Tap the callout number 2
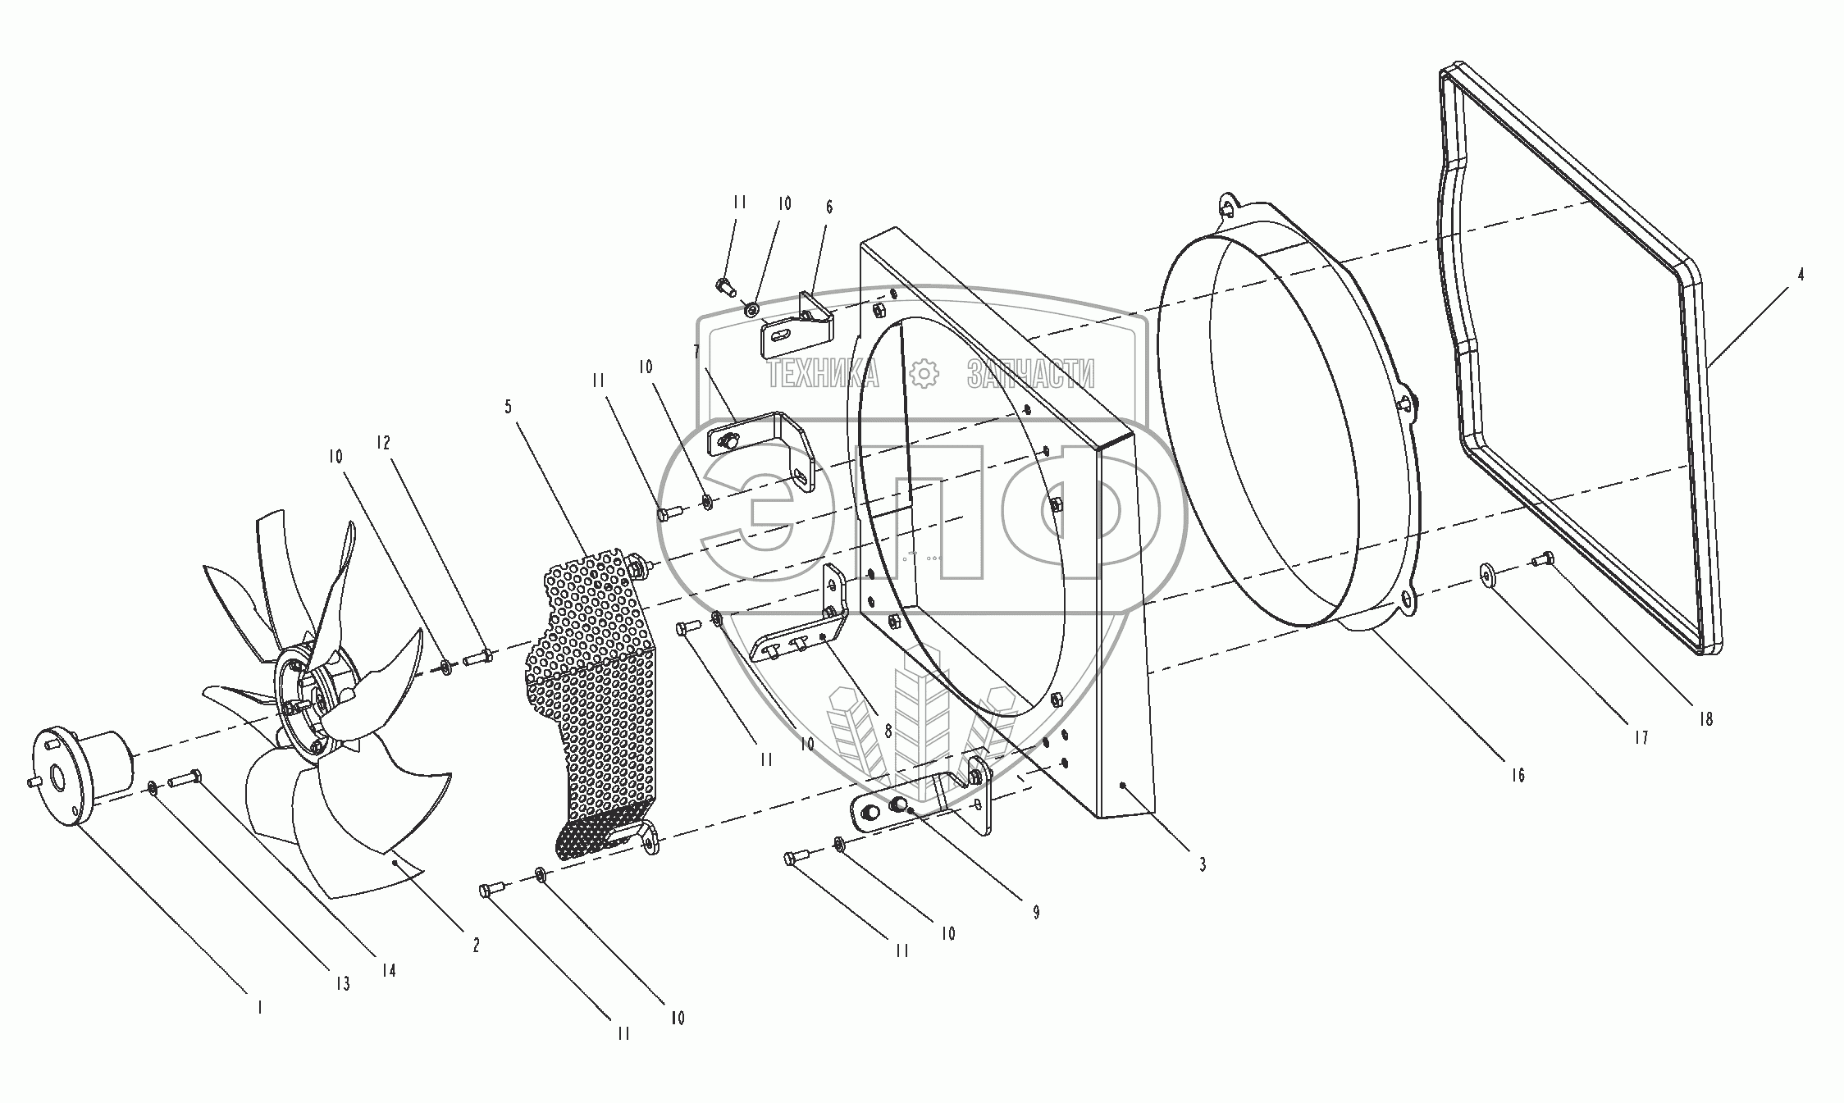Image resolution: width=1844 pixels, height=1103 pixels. [x=476, y=945]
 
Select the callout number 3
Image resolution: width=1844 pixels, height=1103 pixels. [x=1202, y=864]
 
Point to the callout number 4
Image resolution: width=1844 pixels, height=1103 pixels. [x=1801, y=276]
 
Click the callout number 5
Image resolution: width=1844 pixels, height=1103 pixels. [x=509, y=407]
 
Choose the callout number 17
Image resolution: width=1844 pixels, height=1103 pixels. [x=1640, y=738]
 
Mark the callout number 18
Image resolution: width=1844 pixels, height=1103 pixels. [x=1706, y=719]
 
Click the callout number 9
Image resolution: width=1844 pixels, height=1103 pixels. [x=1036, y=912]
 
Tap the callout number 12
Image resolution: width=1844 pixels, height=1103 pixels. [x=382, y=443]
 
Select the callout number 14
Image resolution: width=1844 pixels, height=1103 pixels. [x=388, y=970]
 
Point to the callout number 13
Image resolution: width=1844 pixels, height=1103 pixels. [x=342, y=983]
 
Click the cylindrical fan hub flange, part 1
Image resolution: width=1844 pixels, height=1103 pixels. [x=82, y=767]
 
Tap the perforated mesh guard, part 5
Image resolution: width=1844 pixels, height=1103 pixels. [x=587, y=705]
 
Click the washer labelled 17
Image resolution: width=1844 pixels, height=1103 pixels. [x=1487, y=574]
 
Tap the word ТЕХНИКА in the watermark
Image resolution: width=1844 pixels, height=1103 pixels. [x=823, y=375]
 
